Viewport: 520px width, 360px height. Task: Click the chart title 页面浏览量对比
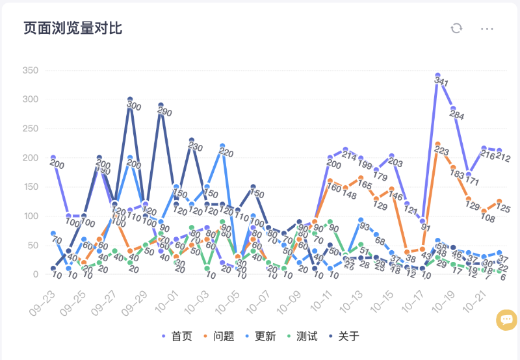(73, 29)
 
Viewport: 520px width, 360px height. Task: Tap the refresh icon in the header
(457, 28)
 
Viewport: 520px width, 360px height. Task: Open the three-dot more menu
(487, 29)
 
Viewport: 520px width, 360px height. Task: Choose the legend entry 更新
(260, 336)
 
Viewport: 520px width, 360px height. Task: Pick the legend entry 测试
(302, 336)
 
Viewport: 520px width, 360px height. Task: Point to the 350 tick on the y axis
(30, 70)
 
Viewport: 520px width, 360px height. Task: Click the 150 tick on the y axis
(30, 186)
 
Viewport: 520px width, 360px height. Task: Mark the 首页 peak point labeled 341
(438, 75)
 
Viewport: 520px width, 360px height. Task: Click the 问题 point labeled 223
(438, 144)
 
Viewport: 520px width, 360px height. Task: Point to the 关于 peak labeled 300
(130, 99)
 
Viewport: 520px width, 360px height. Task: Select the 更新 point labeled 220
(222, 146)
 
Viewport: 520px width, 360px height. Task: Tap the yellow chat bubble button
(506, 319)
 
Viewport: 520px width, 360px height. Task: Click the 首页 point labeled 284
(453, 109)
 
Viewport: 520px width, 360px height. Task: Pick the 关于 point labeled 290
(161, 105)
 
